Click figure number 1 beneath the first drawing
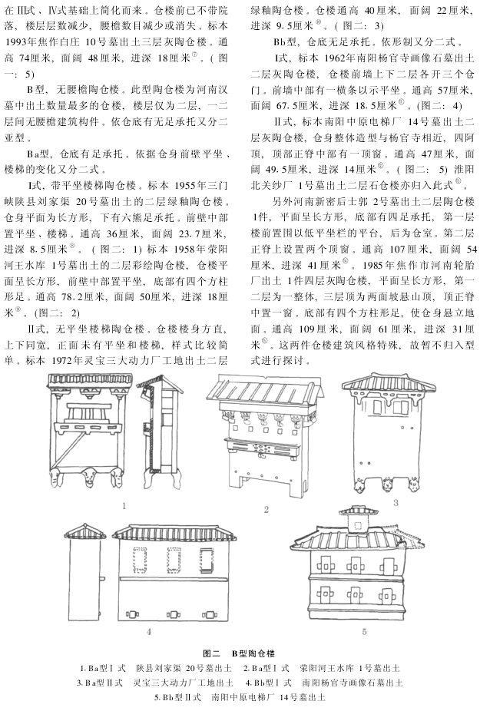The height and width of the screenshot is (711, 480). [124, 506]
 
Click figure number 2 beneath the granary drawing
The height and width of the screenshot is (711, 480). [266, 509]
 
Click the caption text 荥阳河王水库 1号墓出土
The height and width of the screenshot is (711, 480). [346, 667]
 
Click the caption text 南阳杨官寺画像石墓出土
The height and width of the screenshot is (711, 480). [354, 683]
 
